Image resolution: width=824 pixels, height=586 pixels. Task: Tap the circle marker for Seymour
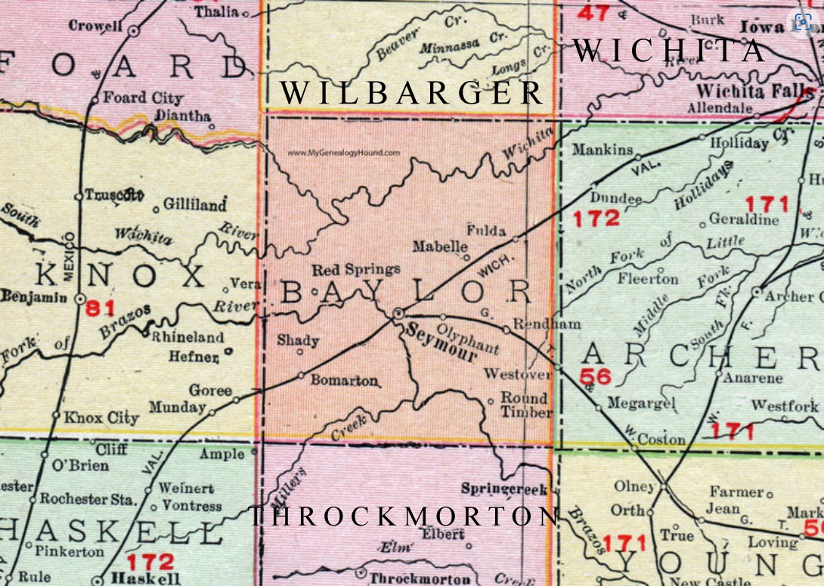(399, 312)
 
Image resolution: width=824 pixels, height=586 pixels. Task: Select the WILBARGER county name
(412, 93)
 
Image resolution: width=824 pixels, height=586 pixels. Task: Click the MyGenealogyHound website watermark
(344, 152)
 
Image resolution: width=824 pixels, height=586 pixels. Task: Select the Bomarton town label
(343, 381)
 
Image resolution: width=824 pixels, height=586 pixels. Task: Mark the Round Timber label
(526, 405)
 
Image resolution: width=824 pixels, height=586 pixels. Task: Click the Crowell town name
(96, 25)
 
